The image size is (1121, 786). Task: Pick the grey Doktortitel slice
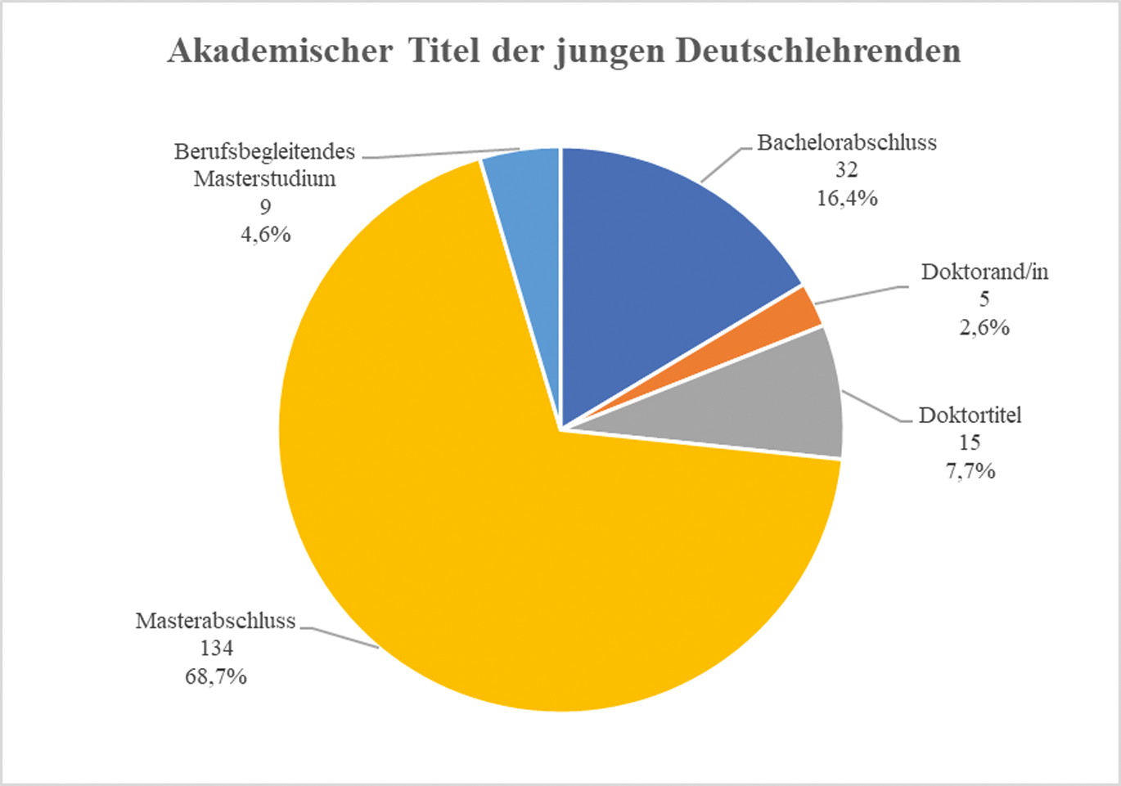777,401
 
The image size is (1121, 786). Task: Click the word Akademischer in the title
280,51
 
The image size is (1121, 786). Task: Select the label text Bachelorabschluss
847,142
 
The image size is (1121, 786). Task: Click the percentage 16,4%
847,198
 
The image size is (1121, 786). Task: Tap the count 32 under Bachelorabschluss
846,170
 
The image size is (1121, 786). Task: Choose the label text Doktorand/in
984,272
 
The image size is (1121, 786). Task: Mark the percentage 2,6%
984,327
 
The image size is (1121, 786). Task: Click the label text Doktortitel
970,415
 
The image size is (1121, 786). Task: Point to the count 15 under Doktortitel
970,442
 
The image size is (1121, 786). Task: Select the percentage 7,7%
970,470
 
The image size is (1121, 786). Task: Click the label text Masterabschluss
215,621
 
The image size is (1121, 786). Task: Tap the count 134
216,649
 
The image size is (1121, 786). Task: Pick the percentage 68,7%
216,676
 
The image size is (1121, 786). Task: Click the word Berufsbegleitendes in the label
264,151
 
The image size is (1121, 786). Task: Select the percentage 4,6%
265,235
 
